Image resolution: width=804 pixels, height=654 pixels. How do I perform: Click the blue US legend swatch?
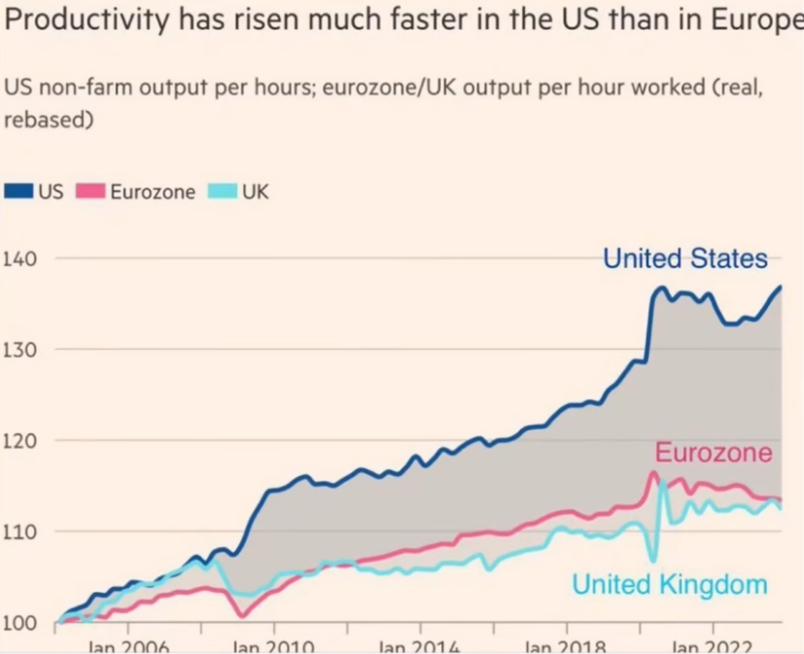click(19, 191)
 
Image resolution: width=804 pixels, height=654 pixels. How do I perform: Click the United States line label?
click(684, 259)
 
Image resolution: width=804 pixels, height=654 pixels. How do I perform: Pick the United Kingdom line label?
click(669, 585)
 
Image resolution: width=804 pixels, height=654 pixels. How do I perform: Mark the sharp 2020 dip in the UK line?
click(653, 560)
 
